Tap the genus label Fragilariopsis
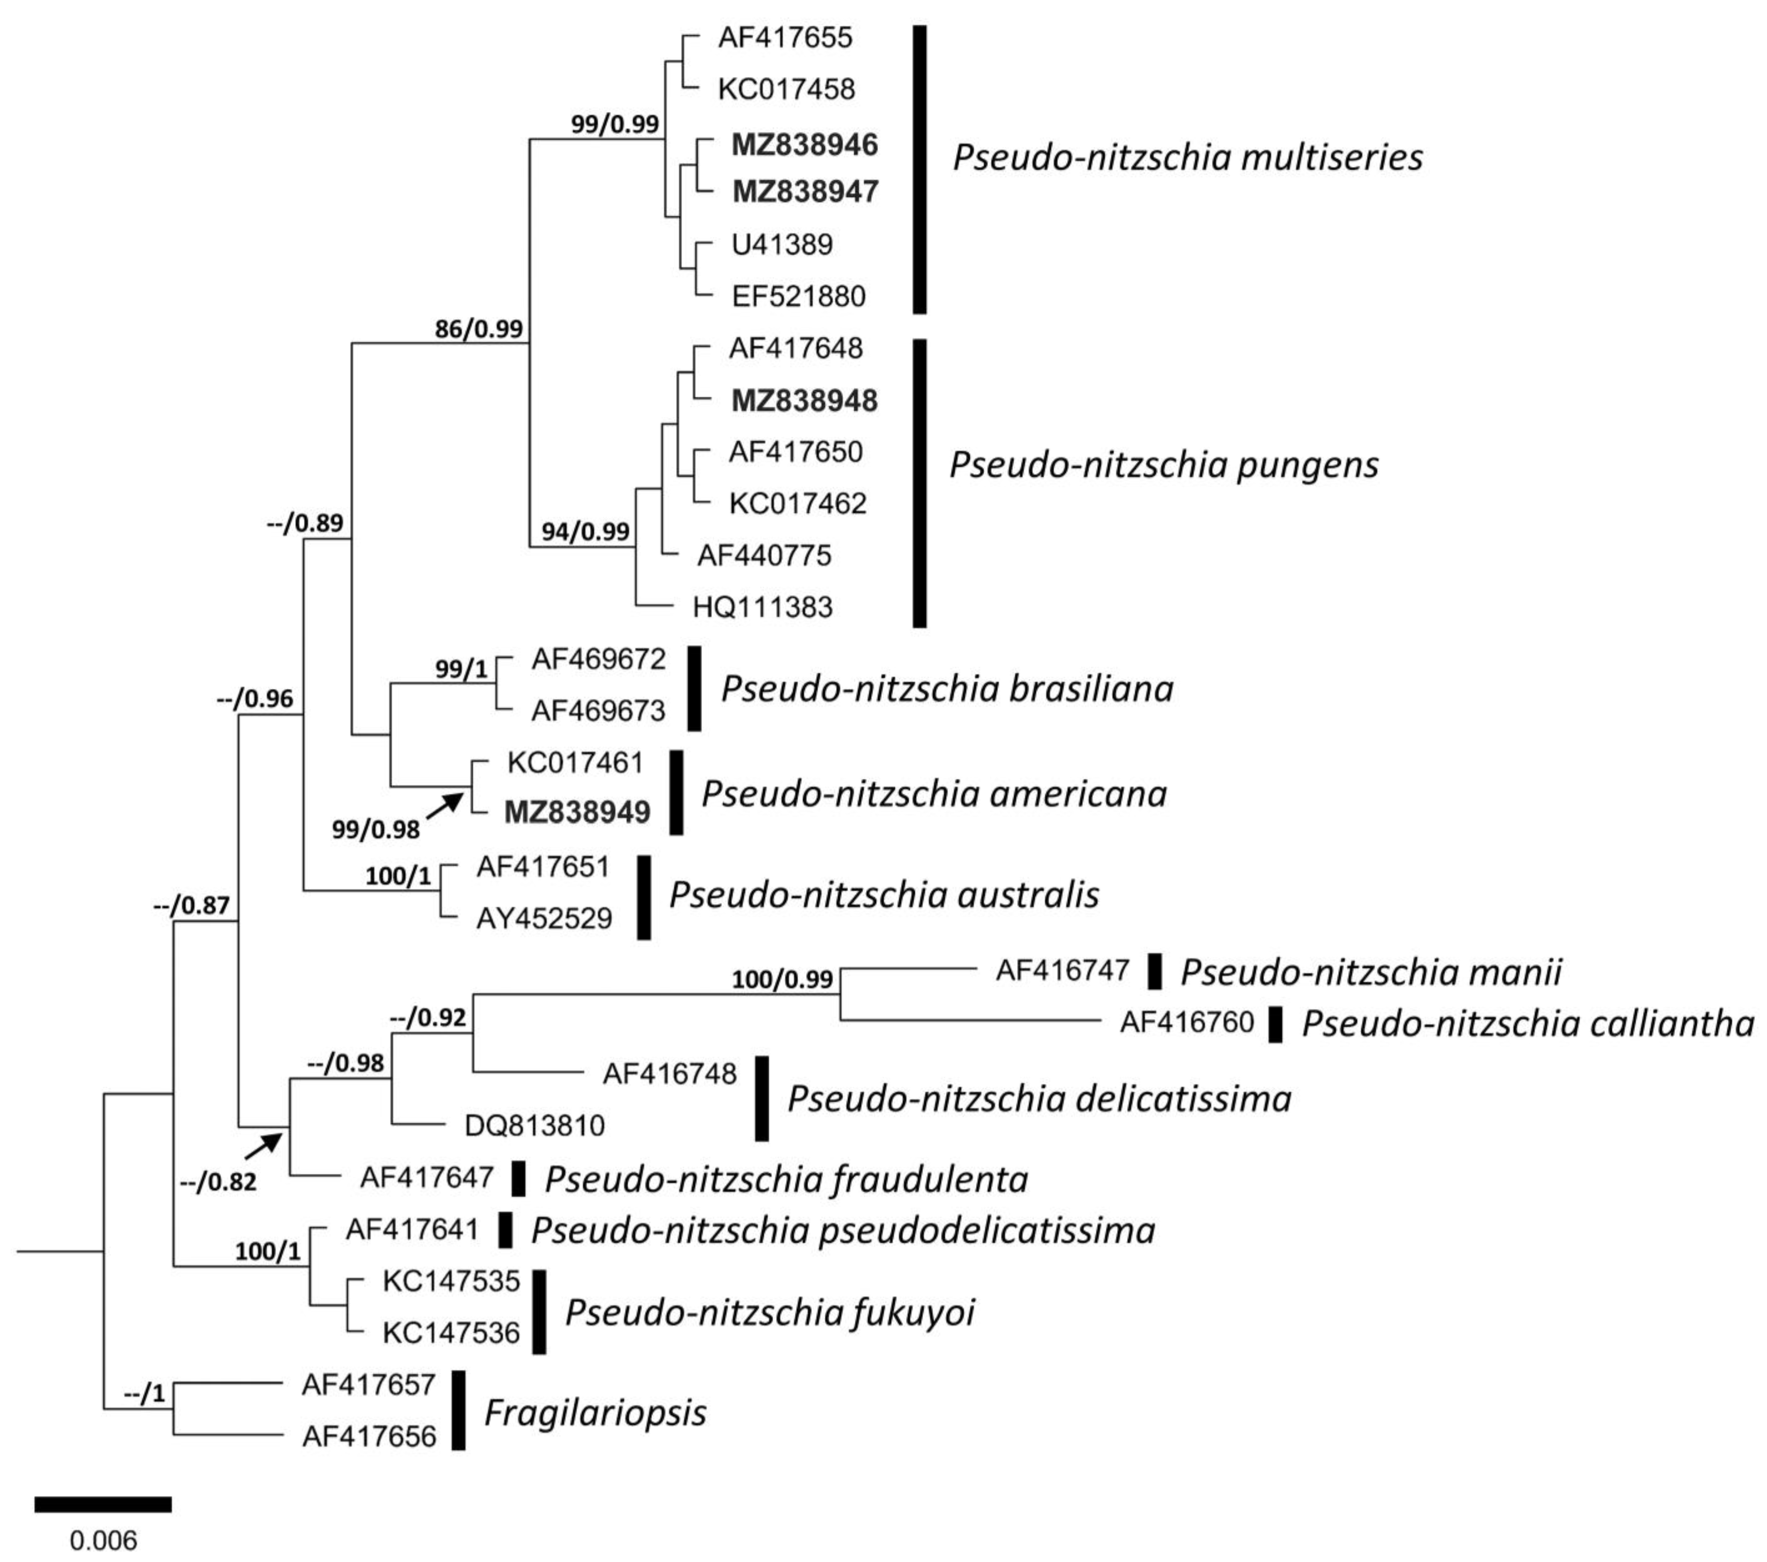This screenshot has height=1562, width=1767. [x=595, y=1413]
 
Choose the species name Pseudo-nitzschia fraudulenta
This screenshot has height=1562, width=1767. [x=786, y=1179]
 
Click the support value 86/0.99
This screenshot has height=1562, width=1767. [x=478, y=329]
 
